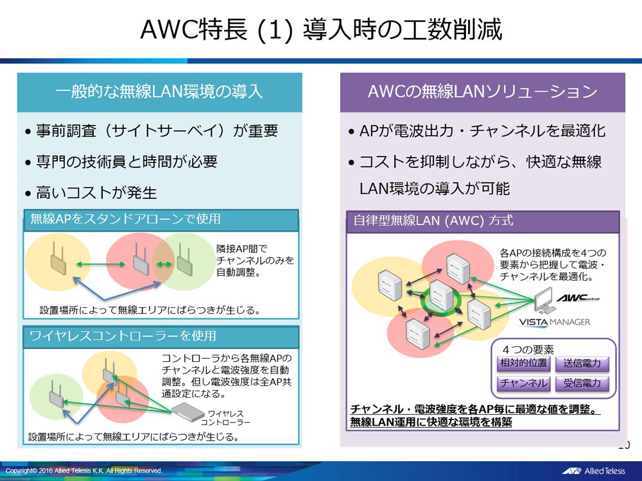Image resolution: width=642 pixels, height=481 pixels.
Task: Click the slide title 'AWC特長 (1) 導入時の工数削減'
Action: pos(320,30)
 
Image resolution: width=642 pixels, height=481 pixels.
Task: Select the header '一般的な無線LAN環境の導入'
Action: pos(159,92)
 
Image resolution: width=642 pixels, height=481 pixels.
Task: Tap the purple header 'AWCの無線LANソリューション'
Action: pos(482,92)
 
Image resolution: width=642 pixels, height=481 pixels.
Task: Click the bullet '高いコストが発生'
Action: pos(96,192)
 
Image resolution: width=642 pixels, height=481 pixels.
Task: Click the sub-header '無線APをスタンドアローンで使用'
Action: pos(126,219)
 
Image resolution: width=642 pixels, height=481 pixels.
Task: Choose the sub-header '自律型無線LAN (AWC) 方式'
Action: pos(433,221)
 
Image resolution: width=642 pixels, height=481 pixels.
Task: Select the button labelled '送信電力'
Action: pos(582,364)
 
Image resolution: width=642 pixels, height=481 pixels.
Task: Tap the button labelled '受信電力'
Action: pos(582,384)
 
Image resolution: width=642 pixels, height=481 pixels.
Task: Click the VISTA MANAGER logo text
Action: pos(554,322)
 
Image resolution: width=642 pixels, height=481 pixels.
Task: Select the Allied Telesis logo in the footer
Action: pos(594,471)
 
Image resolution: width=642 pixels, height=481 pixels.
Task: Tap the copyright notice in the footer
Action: pos(84,471)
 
